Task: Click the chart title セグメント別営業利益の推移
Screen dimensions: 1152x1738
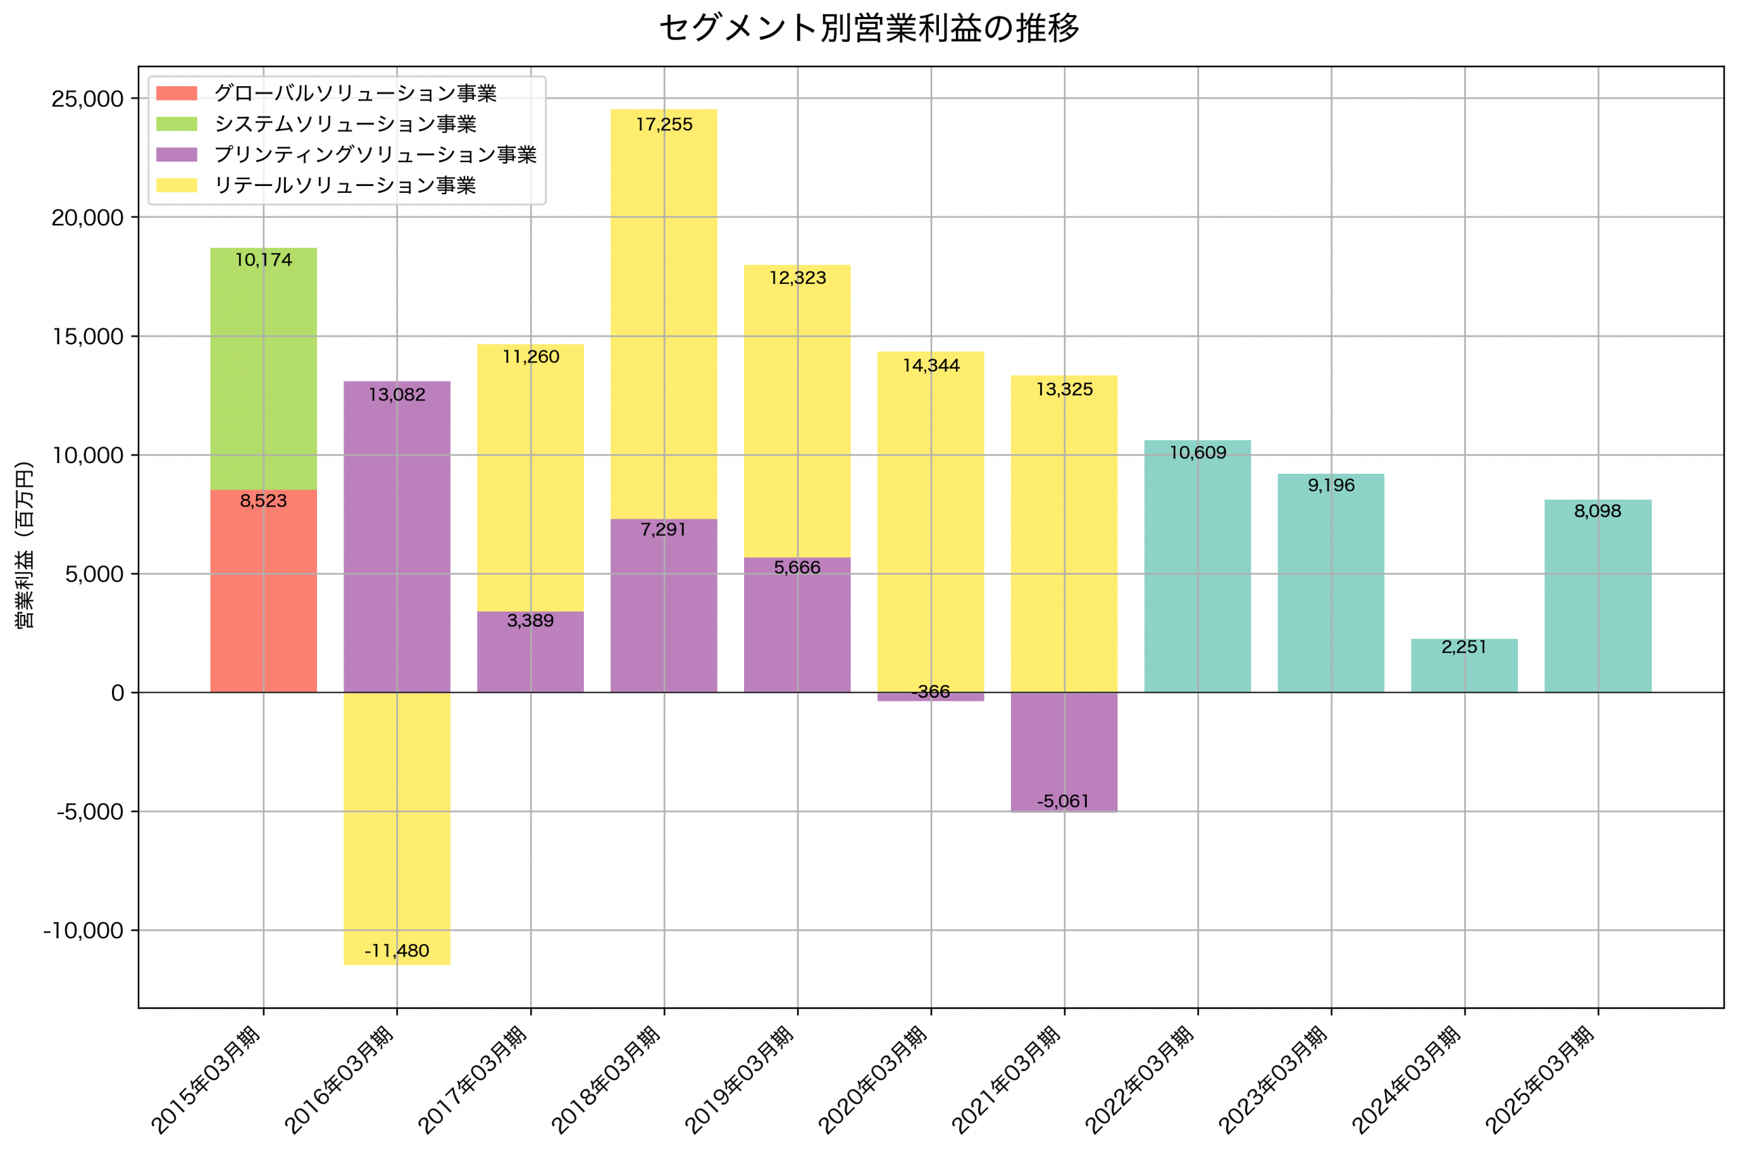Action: click(x=869, y=28)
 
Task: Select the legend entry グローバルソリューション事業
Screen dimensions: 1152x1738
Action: click(x=355, y=93)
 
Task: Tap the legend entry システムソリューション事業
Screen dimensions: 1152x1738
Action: click(x=344, y=124)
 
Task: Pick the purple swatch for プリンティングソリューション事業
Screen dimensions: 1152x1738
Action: click(x=177, y=154)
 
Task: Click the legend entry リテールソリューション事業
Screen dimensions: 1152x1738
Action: click(x=344, y=185)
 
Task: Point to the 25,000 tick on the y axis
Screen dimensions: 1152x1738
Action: click(x=87, y=98)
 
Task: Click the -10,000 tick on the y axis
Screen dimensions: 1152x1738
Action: click(x=83, y=931)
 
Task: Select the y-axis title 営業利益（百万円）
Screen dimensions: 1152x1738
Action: click(x=24, y=545)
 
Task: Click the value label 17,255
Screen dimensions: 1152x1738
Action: click(x=664, y=125)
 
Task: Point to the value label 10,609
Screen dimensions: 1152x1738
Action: click(x=1198, y=453)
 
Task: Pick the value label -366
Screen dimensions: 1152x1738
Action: click(x=931, y=691)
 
